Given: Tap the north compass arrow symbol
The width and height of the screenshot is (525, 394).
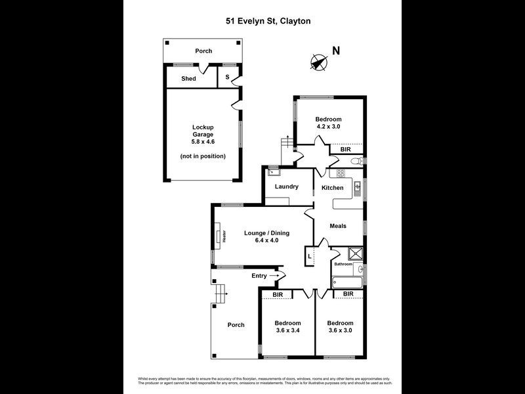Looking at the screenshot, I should pyautogui.click(x=318, y=62).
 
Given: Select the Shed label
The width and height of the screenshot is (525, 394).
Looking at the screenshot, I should pyautogui.click(x=189, y=79).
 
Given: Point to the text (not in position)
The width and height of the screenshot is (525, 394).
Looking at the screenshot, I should pyautogui.click(x=203, y=156).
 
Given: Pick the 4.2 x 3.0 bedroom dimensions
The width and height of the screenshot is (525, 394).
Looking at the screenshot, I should pyautogui.click(x=329, y=126).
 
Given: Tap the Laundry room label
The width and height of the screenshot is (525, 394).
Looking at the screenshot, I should pyautogui.click(x=287, y=186).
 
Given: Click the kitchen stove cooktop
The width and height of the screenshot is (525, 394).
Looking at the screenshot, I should pyautogui.click(x=341, y=173).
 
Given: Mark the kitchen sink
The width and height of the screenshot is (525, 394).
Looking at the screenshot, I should pyautogui.click(x=358, y=188).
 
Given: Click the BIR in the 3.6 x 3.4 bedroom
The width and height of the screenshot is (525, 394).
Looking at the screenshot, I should pyautogui.click(x=278, y=295).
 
